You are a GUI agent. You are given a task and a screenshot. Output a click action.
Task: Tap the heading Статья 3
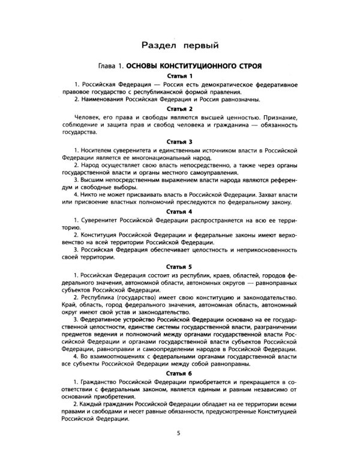tap(179, 139)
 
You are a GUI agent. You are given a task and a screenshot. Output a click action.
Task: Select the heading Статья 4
tap(179, 212)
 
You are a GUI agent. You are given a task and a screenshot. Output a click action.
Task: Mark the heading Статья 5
tap(179, 266)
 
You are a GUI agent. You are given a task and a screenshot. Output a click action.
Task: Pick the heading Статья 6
tap(179, 373)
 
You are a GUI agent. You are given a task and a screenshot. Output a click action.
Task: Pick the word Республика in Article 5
tap(96, 298)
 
